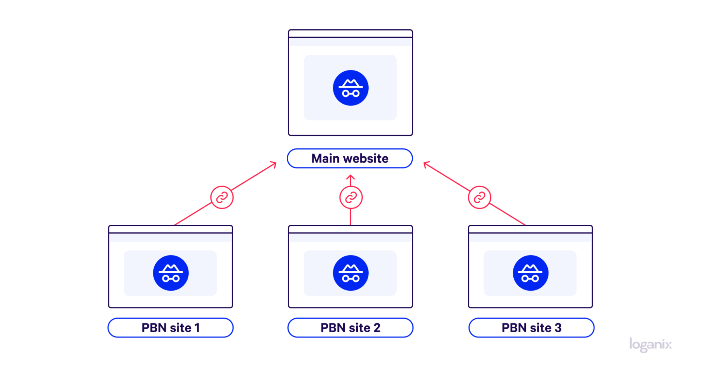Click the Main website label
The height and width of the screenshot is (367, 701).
[350, 158]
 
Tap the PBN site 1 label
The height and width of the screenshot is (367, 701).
[170, 328]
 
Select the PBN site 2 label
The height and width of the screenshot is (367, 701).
[350, 328]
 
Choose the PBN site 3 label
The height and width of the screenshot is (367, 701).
[531, 328]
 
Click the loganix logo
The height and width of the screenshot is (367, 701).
[651, 345]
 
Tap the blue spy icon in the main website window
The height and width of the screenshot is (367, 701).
[351, 88]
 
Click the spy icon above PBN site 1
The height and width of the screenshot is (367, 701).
[171, 273]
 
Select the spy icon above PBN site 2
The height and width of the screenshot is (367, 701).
[351, 273]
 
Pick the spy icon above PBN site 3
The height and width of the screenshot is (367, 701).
[531, 273]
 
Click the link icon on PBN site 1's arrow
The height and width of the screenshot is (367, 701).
[222, 197]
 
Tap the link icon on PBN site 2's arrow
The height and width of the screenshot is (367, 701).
[351, 197]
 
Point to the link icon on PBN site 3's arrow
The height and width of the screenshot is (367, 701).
[479, 197]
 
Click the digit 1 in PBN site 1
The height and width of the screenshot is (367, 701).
[197, 328]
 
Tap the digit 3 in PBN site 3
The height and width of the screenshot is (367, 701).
[558, 328]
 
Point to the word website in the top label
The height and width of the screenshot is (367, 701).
[366, 158]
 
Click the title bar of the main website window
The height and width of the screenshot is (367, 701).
[350, 34]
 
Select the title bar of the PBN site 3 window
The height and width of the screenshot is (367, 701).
[530, 229]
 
